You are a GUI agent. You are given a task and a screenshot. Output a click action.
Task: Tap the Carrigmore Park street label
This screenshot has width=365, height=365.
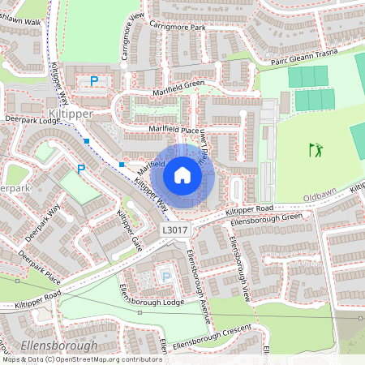click(x=178, y=28)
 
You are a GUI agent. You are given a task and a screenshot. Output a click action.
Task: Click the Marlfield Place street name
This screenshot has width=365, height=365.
click(x=173, y=129)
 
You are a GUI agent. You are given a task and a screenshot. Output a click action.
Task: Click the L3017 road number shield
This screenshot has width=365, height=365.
click(x=174, y=230)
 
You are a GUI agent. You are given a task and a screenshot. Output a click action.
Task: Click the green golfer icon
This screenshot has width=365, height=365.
click(x=316, y=149)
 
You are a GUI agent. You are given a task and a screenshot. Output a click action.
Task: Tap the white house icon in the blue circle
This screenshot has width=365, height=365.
click(x=182, y=174)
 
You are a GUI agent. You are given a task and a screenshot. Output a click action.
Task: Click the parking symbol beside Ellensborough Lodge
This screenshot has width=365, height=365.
click(x=166, y=277)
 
